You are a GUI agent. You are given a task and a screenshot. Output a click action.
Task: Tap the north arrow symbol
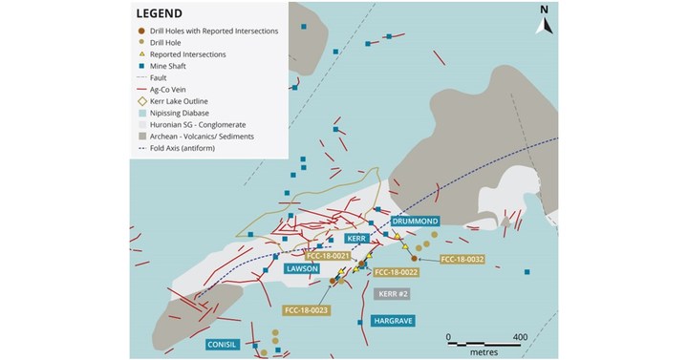click(x=544, y=20)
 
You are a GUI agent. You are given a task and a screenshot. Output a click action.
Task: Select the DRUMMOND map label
click(x=415, y=221)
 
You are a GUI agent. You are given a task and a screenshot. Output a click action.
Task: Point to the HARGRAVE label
click(x=392, y=321)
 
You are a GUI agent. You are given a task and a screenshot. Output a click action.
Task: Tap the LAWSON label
click(x=302, y=269)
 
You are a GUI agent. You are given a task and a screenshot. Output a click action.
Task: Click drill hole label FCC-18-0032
click(x=461, y=259)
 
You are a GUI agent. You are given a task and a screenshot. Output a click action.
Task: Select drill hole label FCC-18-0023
click(x=306, y=310)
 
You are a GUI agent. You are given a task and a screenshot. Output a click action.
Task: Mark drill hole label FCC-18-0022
click(x=397, y=272)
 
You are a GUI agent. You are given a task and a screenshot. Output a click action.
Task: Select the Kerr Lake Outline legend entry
click(x=192, y=101)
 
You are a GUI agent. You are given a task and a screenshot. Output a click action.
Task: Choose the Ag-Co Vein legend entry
click(x=182, y=90)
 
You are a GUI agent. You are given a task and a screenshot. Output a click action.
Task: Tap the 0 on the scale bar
click(x=449, y=337)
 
